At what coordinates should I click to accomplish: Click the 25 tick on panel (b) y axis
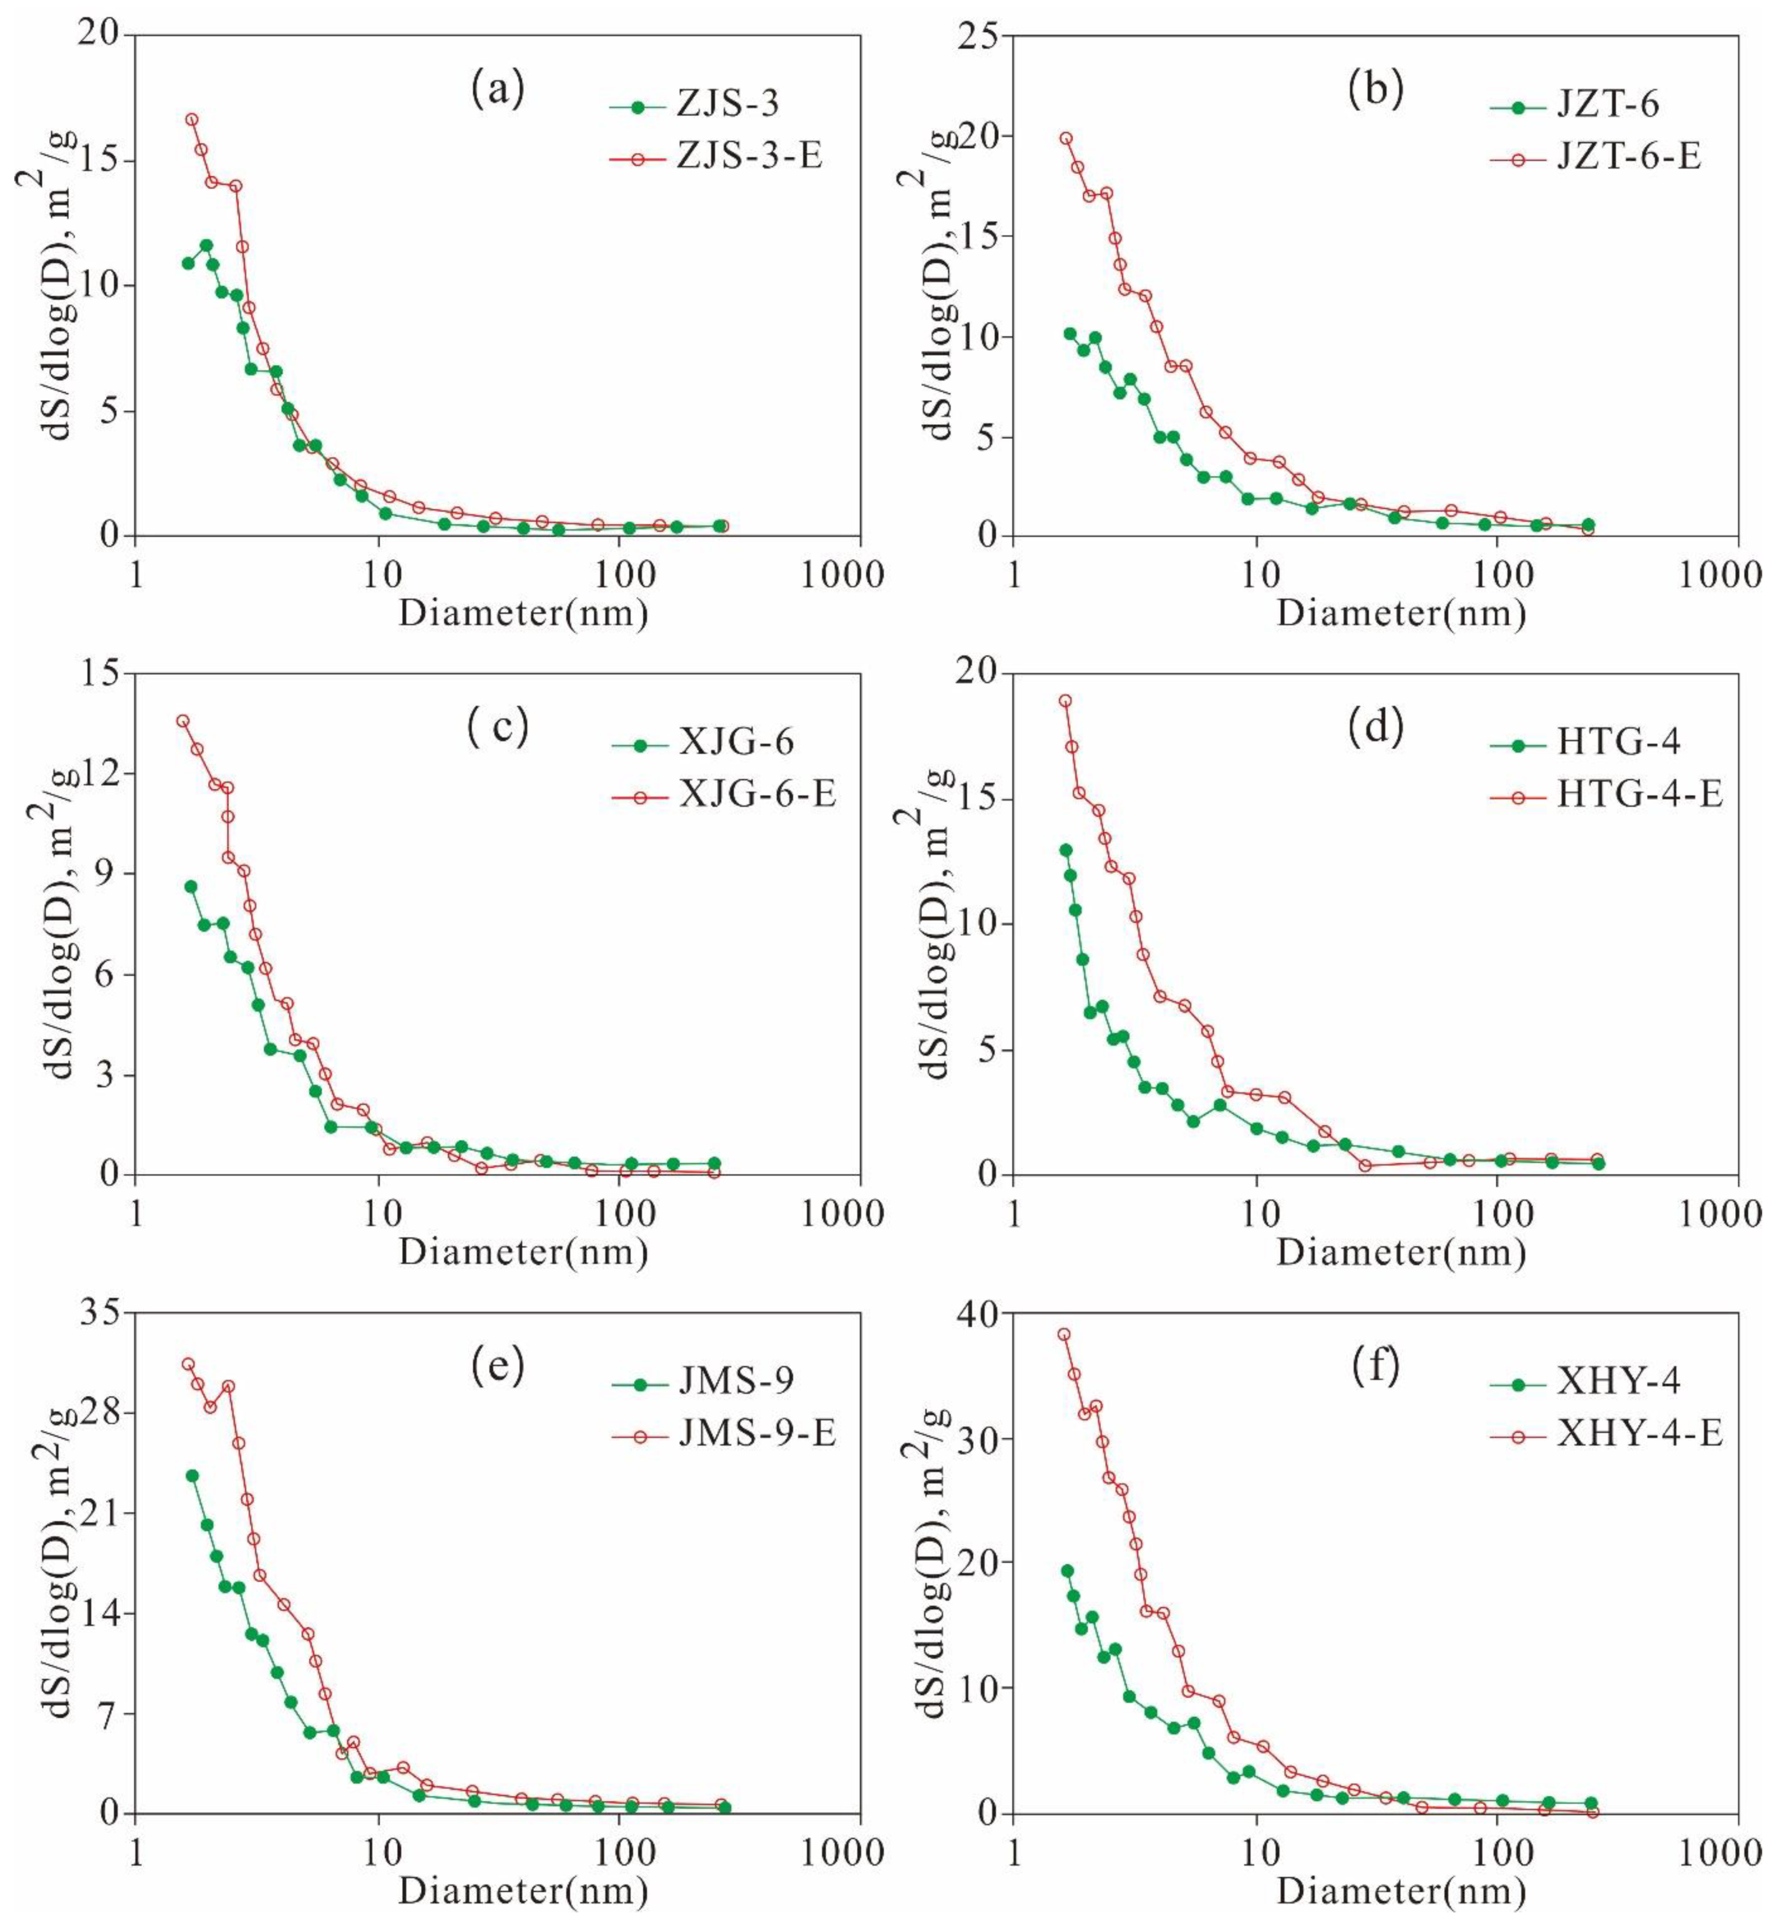(978, 34)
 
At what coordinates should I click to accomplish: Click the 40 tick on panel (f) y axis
(978, 1312)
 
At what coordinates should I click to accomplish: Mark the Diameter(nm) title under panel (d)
(1401, 1253)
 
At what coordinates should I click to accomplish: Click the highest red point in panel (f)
(1064, 1334)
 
